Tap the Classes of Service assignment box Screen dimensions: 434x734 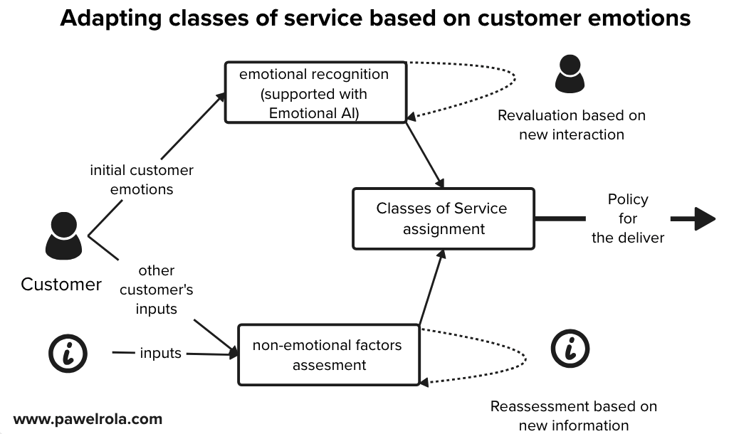444,218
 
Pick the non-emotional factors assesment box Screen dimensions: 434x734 327,354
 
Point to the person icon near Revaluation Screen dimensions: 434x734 570,73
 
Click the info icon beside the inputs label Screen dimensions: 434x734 67,352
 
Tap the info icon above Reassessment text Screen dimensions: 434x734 570,349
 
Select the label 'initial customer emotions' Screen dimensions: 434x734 142,180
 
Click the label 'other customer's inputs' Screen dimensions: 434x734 157,290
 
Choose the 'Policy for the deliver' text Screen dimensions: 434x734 627,218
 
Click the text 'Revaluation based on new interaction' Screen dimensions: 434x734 571,125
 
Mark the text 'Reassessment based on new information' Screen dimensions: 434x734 573,416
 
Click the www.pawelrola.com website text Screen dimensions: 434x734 88,418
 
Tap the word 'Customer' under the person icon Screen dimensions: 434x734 61,285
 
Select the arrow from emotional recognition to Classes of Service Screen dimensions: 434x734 426,153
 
